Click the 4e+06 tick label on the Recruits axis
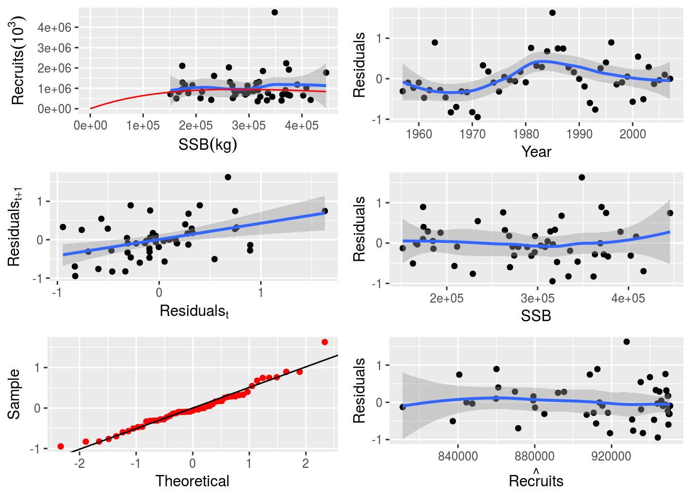(x=54, y=27)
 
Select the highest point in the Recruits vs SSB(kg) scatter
(x=275, y=12)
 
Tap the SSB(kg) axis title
(x=208, y=145)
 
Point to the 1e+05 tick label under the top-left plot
(x=143, y=126)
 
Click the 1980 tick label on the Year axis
(x=526, y=134)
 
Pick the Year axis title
(x=536, y=152)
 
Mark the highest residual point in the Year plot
(x=552, y=13)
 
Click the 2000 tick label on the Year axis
(x=632, y=134)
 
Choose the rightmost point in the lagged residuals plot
(x=324, y=211)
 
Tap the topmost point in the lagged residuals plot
(x=228, y=177)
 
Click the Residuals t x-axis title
(x=194, y=311)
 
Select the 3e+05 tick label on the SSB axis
(x=537, y=298)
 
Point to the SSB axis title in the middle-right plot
(x=536, y=316)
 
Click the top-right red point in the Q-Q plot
(x=324, y=342)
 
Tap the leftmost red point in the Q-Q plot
(x=61, y=446)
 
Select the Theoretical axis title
(x=192, y=481)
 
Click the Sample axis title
(x=14, y=394)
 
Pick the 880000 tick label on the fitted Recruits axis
(x=534, y=456)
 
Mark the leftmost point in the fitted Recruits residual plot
(x=403, y=407)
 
